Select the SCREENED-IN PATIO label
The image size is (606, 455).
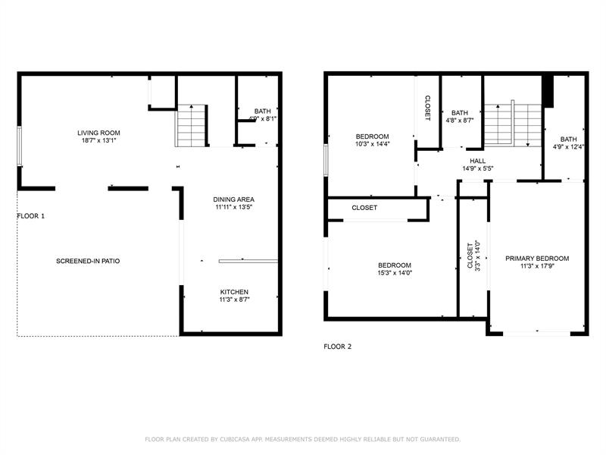click(88, 261)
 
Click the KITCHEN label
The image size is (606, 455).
click(234, 292)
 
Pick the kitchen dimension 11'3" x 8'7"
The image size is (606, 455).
click(234, 300)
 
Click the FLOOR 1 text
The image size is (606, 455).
click(31, 216)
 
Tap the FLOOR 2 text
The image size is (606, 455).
click(338, 347)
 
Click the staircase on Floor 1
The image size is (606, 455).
click(191, 126)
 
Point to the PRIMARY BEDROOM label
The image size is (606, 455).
click(537, 259)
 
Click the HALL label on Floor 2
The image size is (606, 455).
click(478, 161)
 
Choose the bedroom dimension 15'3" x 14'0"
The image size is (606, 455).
click(395, 273)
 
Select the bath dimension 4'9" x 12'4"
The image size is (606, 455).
click(568, 147)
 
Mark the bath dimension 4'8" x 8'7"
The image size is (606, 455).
click(460, 120)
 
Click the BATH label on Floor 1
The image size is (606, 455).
click(263, 111)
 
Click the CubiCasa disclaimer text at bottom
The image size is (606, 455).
click(302, 439)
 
